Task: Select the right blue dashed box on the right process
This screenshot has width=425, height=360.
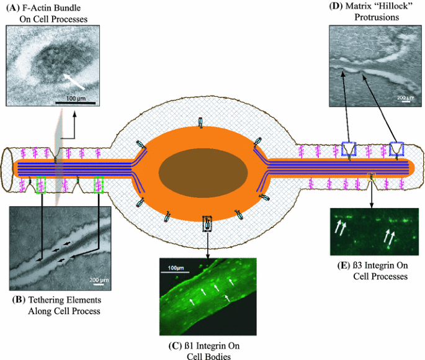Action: (x=396, y=148)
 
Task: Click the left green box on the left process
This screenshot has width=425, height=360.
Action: (x=42, y=184)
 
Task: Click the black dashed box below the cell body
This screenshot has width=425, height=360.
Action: (x=207, y=223)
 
